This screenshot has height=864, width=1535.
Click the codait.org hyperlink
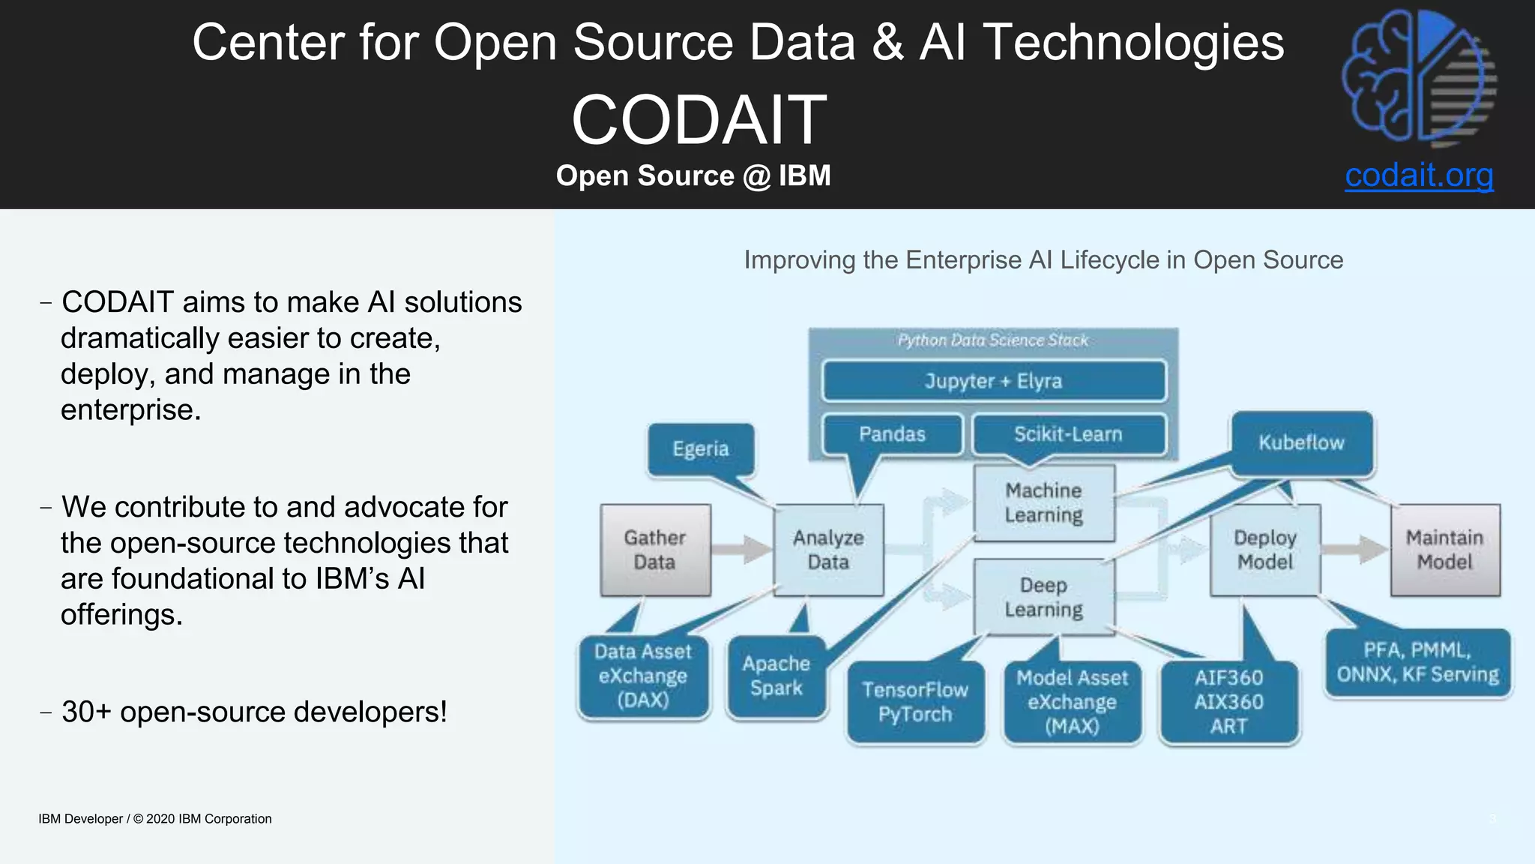1418,175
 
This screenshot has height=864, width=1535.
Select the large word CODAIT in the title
699,120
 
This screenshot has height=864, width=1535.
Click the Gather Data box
655,550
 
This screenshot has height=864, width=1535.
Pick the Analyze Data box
828,550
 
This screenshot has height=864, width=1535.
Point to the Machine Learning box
1043,502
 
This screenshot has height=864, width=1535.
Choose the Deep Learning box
1043,597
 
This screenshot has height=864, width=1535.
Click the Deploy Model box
1265,550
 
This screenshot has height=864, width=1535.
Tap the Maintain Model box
1444,550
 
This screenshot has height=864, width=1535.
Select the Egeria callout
700,448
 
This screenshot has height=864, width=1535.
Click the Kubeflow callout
1301,442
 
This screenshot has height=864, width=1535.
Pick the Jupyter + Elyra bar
993,381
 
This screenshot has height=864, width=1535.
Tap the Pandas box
892,434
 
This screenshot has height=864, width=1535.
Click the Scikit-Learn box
1068,434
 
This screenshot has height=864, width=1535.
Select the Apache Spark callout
776,676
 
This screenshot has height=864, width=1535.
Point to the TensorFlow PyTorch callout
914,701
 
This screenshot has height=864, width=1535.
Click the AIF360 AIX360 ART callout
1228,701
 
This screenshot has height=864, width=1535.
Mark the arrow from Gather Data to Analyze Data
741,549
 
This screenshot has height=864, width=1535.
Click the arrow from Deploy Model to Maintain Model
1354,549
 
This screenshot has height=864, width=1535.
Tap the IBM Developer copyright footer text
155,819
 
